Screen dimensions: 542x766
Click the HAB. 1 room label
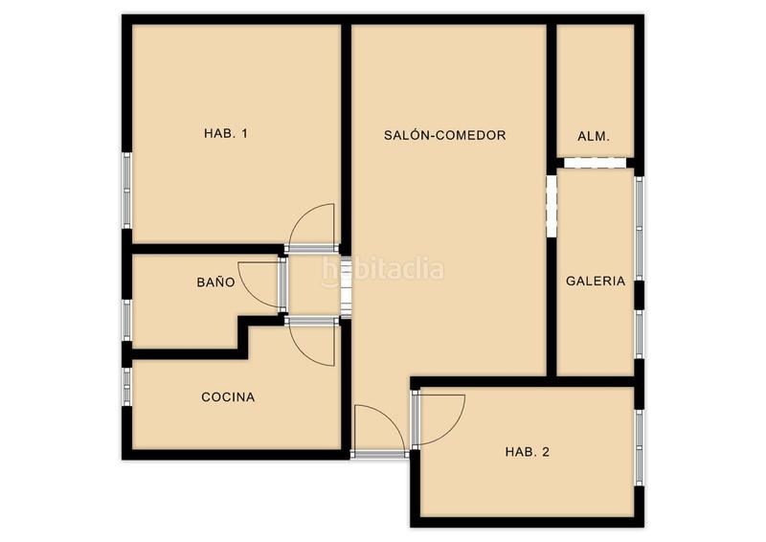[x=226, y=134]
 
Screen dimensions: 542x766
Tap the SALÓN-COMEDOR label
[x=444, y=136]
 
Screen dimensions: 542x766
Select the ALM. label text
[x=594, y=136]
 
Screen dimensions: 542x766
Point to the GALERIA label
[x=596, y=282]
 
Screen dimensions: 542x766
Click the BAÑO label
[x=215, y=282]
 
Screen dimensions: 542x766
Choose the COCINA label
[x=228, y=397]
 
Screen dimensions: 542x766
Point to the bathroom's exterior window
[x=125, y=320]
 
